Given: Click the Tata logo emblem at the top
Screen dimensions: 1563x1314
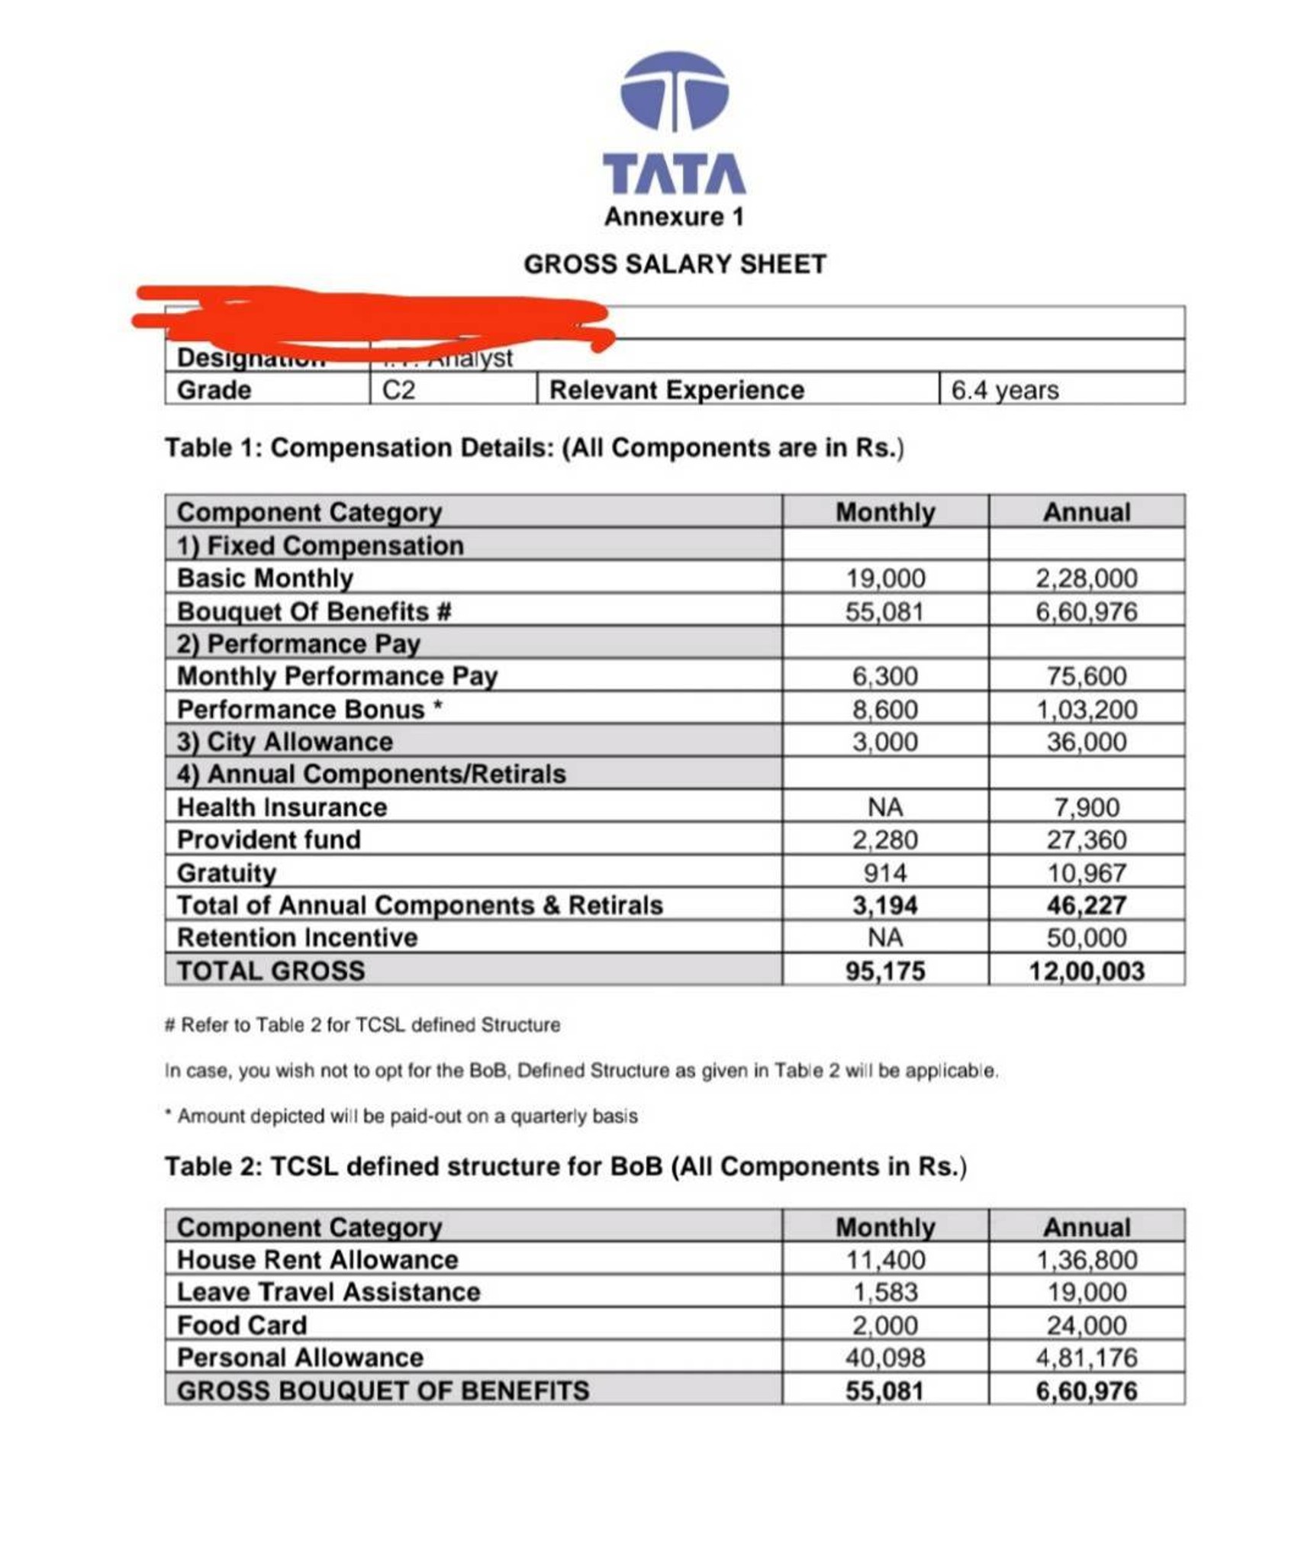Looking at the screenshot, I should click(674, 92).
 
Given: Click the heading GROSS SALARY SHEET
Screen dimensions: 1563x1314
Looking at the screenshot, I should click(675, 264).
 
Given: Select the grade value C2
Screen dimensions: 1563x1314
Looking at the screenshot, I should click(398, 390).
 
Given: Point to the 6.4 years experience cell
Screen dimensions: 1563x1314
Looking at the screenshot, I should click(1004, 390).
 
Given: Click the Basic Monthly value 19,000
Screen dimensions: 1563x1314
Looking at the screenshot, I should click(885, 578).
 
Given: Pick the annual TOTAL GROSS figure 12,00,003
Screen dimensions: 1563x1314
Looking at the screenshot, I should click(1086, 971).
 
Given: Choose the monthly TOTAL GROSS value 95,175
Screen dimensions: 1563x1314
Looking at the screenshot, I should click(885, 971).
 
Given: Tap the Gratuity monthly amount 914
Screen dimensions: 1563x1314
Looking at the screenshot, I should click(885, 872).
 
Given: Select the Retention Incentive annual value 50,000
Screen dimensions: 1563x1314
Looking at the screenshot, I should click(1086, 937).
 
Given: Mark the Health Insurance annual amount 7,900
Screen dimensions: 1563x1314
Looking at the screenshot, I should click(1086, 807).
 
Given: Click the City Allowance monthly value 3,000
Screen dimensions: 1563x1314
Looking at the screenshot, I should click(885, 742).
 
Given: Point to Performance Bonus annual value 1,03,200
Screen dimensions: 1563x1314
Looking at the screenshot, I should click(1086, 709).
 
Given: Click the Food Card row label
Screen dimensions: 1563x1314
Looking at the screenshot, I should click(242, 1325).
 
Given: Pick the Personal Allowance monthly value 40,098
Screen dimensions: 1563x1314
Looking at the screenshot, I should click(885, 1357).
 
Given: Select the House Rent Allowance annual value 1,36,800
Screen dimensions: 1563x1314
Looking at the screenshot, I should click(1086, 1259).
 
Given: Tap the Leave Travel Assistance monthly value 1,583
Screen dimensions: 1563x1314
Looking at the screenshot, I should click(885, 1292).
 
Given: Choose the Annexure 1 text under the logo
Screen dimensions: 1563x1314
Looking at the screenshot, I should click(674, 217).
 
